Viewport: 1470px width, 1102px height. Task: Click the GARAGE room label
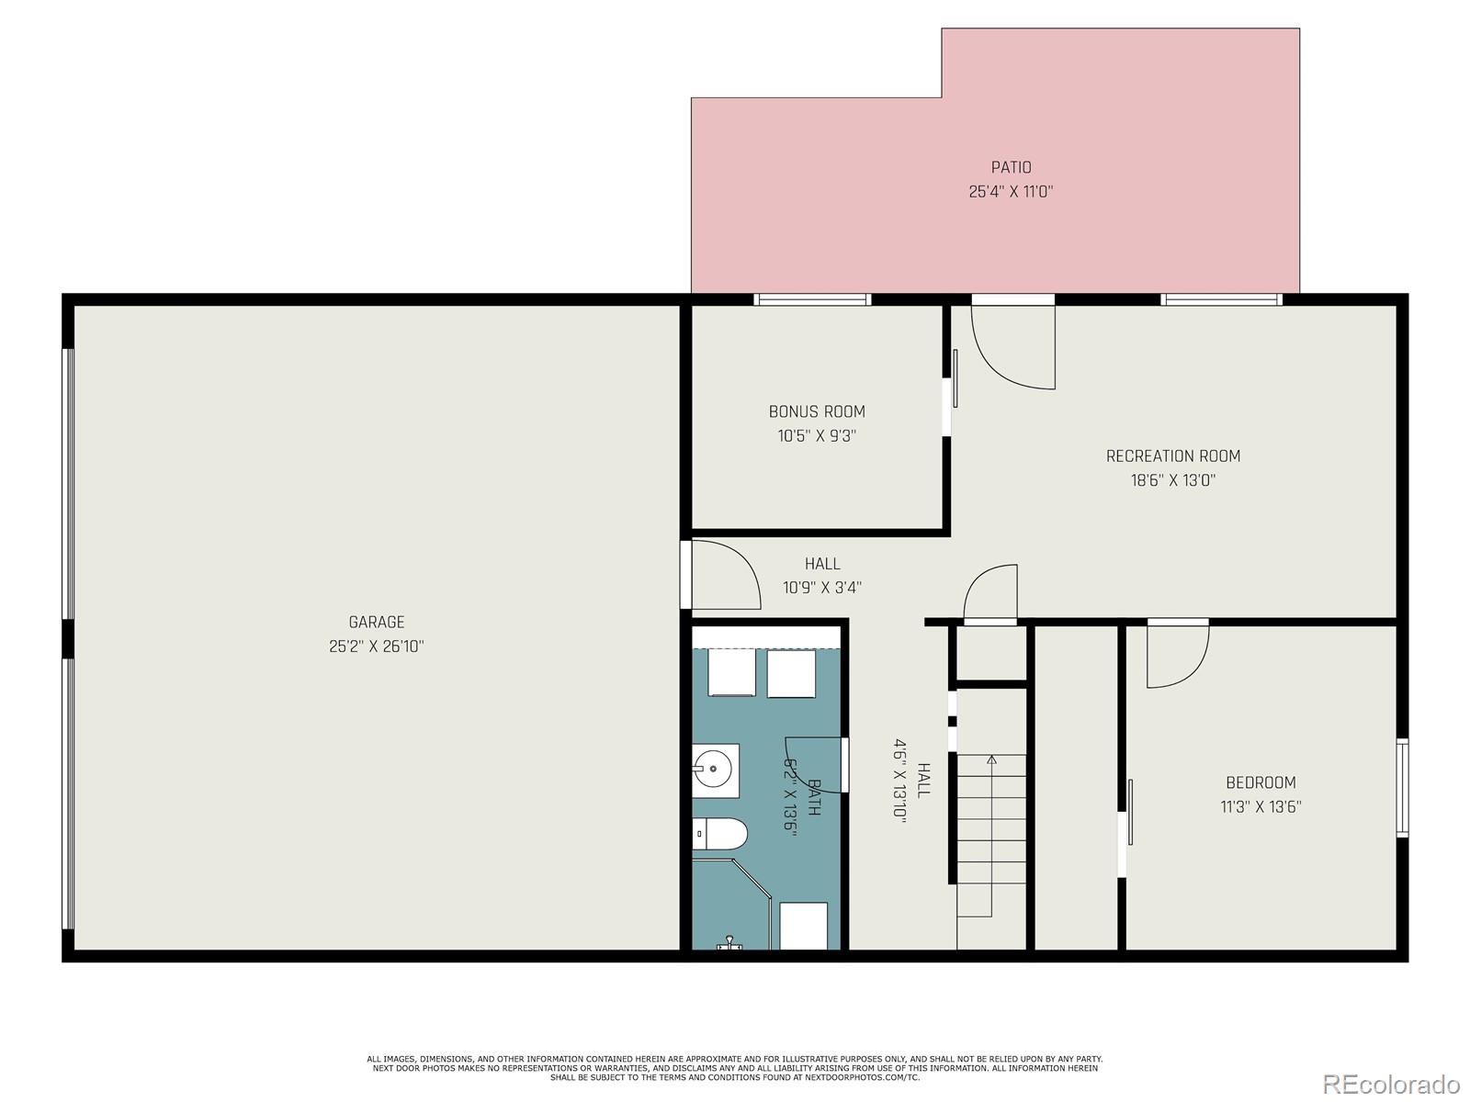(376, 622)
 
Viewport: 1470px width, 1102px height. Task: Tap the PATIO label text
(1011, 167)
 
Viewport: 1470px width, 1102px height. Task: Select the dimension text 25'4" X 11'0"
(1011, 192)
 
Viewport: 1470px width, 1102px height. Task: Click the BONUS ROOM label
(817, 411)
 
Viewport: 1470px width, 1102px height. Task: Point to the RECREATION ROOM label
(1172, 455)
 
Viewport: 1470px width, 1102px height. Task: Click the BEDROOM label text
(1261, 782)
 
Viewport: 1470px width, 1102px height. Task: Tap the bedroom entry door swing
(1177, 654)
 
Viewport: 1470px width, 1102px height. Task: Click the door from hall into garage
(723, 576)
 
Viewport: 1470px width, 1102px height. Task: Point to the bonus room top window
(812, 299)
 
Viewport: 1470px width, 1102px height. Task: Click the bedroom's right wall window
(1402, 788)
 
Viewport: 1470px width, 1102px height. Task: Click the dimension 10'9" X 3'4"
(822, 588)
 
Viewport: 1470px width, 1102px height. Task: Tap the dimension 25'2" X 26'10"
(376, 647)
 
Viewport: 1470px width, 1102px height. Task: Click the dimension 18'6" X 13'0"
(1172, 480)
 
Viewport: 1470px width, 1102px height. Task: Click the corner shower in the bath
(730, 905)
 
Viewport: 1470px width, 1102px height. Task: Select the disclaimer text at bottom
(734, 1068)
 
